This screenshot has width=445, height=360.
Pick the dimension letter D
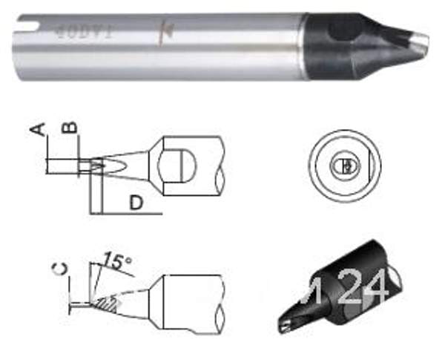point(136,203)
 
